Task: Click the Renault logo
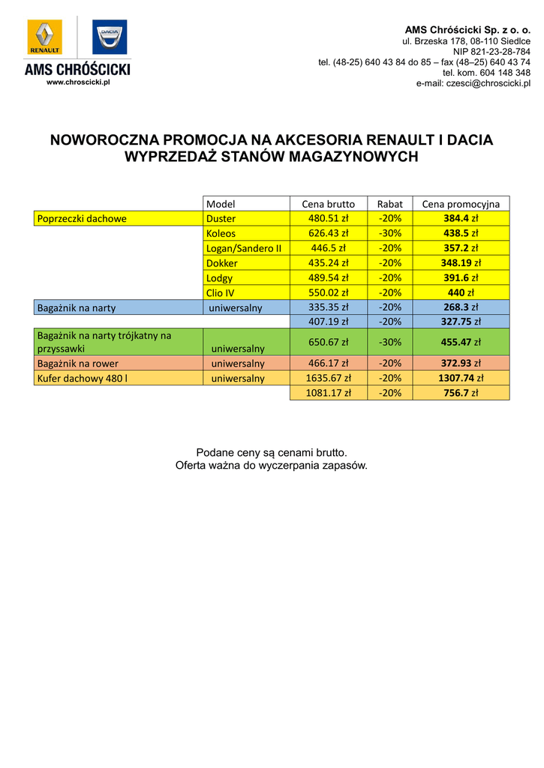[x=46, y=37]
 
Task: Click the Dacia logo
[x=110, y=37]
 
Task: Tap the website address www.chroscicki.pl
[x=78, y=82]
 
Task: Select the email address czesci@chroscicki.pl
[x=473, y=83]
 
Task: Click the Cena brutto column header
[x=328, y=204]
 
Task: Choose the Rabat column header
[x=390, y=204]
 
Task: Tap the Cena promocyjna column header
[x=461, y=204]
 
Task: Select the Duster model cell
[x=221, y=219]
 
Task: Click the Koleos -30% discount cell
[x=390, y=233]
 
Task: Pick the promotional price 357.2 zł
[x=461, y=248]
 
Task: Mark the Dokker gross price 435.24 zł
[x=328, y=263]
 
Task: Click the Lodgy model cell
[x=219, y=278]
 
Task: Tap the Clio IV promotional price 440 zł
[x=461, y=293]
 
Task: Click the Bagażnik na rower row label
[x=78, y=364]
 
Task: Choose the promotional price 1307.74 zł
[x=461, y=379]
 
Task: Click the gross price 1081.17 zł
[x=328, y=393]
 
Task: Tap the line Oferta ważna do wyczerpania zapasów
[x=272, y=466]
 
